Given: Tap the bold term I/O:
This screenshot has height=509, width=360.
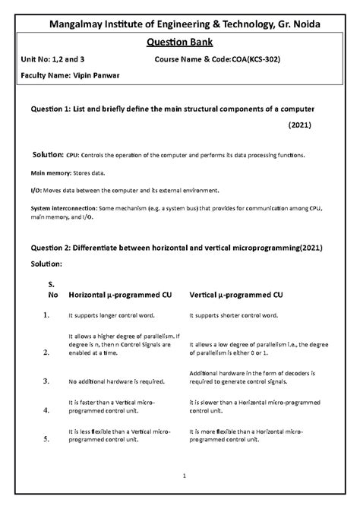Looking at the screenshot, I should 37,190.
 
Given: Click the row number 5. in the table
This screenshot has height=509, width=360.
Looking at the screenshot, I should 46,438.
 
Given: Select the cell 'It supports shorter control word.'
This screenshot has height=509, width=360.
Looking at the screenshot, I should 238,314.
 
